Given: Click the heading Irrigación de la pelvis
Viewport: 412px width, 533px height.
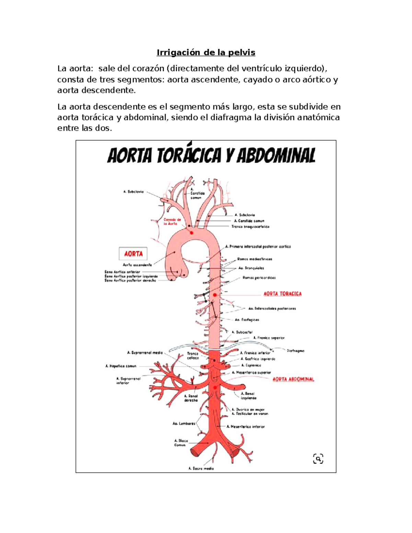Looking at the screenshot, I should [206, 53].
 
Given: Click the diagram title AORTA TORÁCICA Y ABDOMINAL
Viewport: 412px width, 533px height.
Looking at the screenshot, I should [211, 156].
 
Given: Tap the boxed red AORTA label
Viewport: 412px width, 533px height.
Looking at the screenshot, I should [133, 254].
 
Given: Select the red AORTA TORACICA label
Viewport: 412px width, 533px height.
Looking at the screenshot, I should [282, 294].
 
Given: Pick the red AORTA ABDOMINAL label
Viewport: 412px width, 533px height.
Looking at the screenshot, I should [293, 379].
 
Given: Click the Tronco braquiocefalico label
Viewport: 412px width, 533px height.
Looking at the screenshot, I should [250, 227].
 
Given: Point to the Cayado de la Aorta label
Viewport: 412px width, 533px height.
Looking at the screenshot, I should [172, 222].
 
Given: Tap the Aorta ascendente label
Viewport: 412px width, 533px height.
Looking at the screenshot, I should [137, 265].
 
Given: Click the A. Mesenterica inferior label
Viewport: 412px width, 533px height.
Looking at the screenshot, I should [246, 427].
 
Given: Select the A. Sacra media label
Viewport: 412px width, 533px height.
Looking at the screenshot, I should [201, 468].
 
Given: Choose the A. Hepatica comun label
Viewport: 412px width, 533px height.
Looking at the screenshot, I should [121, 366].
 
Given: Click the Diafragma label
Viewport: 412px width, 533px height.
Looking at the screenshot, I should [296, 351].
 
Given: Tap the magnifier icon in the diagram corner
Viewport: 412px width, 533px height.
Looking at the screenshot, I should [318, 459].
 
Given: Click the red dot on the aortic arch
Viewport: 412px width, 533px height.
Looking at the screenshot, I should [192, 233].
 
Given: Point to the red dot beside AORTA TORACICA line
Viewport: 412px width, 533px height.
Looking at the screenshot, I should [215, 295].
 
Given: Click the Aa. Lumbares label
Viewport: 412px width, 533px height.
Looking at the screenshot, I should [184, 424].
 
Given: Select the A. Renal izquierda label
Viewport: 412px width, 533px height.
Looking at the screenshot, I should [248, 396].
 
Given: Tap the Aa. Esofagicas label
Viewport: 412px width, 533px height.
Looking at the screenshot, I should [247, 320].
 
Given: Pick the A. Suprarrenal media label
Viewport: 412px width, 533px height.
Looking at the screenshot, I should [145, 352].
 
